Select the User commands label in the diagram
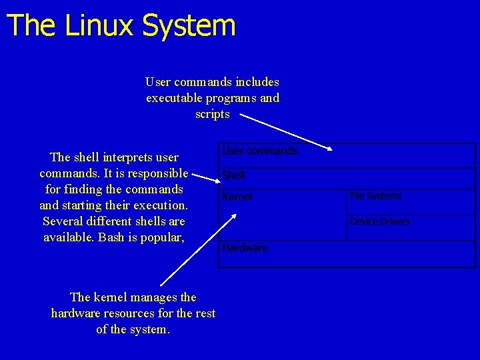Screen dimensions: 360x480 [259, 151]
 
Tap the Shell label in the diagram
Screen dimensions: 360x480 [233, 175]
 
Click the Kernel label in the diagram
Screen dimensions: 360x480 [237, 197]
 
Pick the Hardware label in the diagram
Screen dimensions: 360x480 [245, 248]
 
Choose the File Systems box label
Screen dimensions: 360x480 [375, 196]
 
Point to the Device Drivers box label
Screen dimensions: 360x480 [379, 221]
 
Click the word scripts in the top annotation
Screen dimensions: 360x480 [212, 114]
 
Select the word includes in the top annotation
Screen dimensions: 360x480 [257, 82]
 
